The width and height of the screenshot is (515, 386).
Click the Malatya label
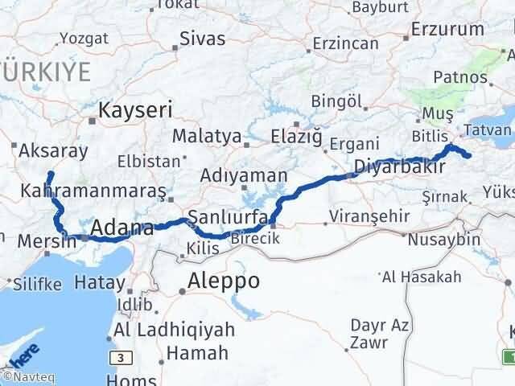pyautogui.click(x=207, y=136)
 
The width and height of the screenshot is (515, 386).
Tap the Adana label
pyautogui.click(x=122, y=229)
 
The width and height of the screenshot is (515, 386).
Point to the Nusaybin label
pyautogui.click(x=439, y=240)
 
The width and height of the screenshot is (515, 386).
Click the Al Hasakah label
pyautogui.click(x=422, y=277)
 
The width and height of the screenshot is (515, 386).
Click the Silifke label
pyautogui.click(x=35, y=283)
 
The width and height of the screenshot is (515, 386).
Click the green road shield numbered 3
pyautogui.click(x=120, y=357)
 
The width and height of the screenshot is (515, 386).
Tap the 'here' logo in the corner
pyautogui.click(x=23, y=354)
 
